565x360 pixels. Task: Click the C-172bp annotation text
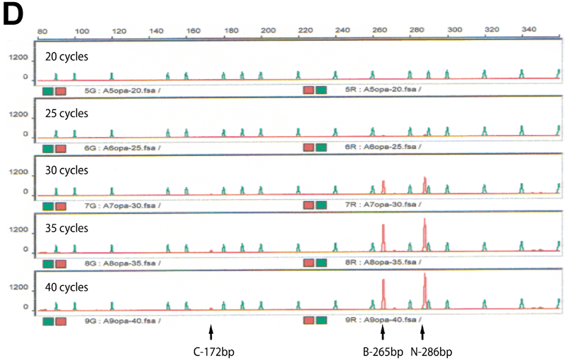(x=211, y=349)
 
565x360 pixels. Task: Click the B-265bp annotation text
(x=383, y=349)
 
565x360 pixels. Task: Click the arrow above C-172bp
(x=210, y=331)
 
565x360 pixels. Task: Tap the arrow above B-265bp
(x=383, y=331)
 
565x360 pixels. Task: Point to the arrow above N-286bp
(x=422, y=331)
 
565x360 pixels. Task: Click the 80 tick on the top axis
(x=42, y=31)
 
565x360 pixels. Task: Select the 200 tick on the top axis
(x=267, y=31)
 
